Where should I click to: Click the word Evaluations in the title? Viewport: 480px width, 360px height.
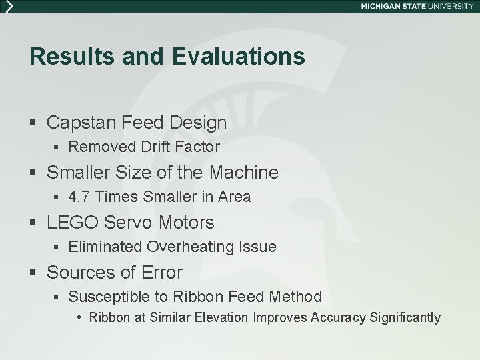[x=238, y=57]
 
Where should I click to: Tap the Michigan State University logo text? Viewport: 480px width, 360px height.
[x=417, y=5]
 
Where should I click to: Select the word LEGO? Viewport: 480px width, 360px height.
[x=68, y=222]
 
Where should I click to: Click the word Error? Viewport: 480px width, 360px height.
[x=161, y=273]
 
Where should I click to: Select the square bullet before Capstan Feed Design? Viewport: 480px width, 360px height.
[x=33, y=123]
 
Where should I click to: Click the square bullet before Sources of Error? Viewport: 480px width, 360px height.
[x=33, y=273]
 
